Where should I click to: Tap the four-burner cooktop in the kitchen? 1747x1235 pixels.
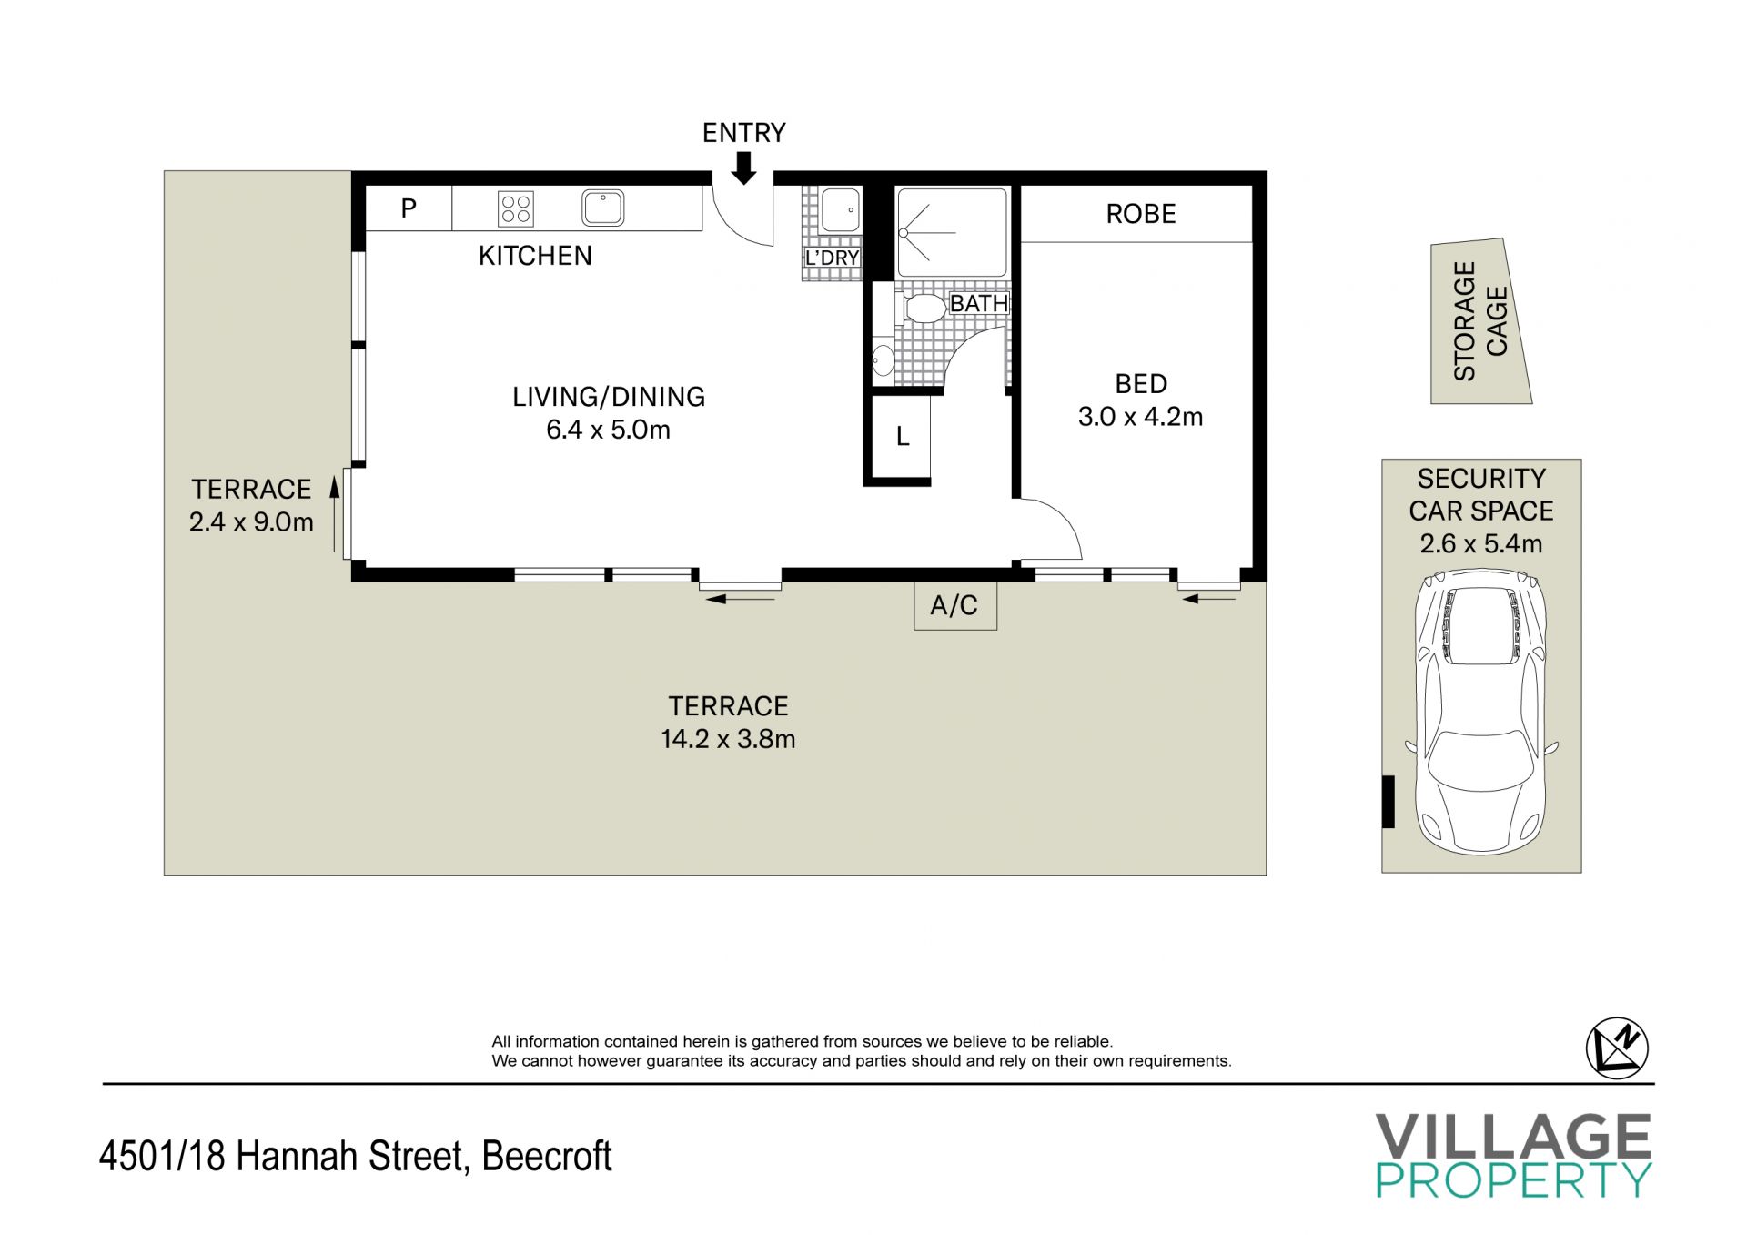[515, 208]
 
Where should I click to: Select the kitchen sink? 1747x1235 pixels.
[602, 208]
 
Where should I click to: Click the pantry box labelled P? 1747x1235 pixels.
[409, 208]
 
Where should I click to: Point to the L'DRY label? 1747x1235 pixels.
[833, 258]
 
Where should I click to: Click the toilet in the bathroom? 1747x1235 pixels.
[922, 309]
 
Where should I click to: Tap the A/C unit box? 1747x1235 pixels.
[955, 605]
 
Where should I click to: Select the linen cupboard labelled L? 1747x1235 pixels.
[902, 437]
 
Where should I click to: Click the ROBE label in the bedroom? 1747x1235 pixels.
[1141, 214]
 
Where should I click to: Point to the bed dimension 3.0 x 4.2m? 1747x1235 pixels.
[1141, 417]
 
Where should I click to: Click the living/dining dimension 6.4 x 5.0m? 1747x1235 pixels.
[608, 430]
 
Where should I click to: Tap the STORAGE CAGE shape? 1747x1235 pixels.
[1480, 321]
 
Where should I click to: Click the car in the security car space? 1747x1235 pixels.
[1481, 712]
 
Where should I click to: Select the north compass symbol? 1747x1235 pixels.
[1617, 1048]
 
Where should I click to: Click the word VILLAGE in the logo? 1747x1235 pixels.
[1512, 1137]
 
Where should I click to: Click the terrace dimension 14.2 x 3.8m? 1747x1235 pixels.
[728, 739]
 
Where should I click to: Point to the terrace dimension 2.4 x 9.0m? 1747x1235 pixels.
[251, 522]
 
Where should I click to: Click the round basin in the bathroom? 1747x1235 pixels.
[883, 360]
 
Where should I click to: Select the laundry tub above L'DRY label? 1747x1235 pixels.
[841, 209]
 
